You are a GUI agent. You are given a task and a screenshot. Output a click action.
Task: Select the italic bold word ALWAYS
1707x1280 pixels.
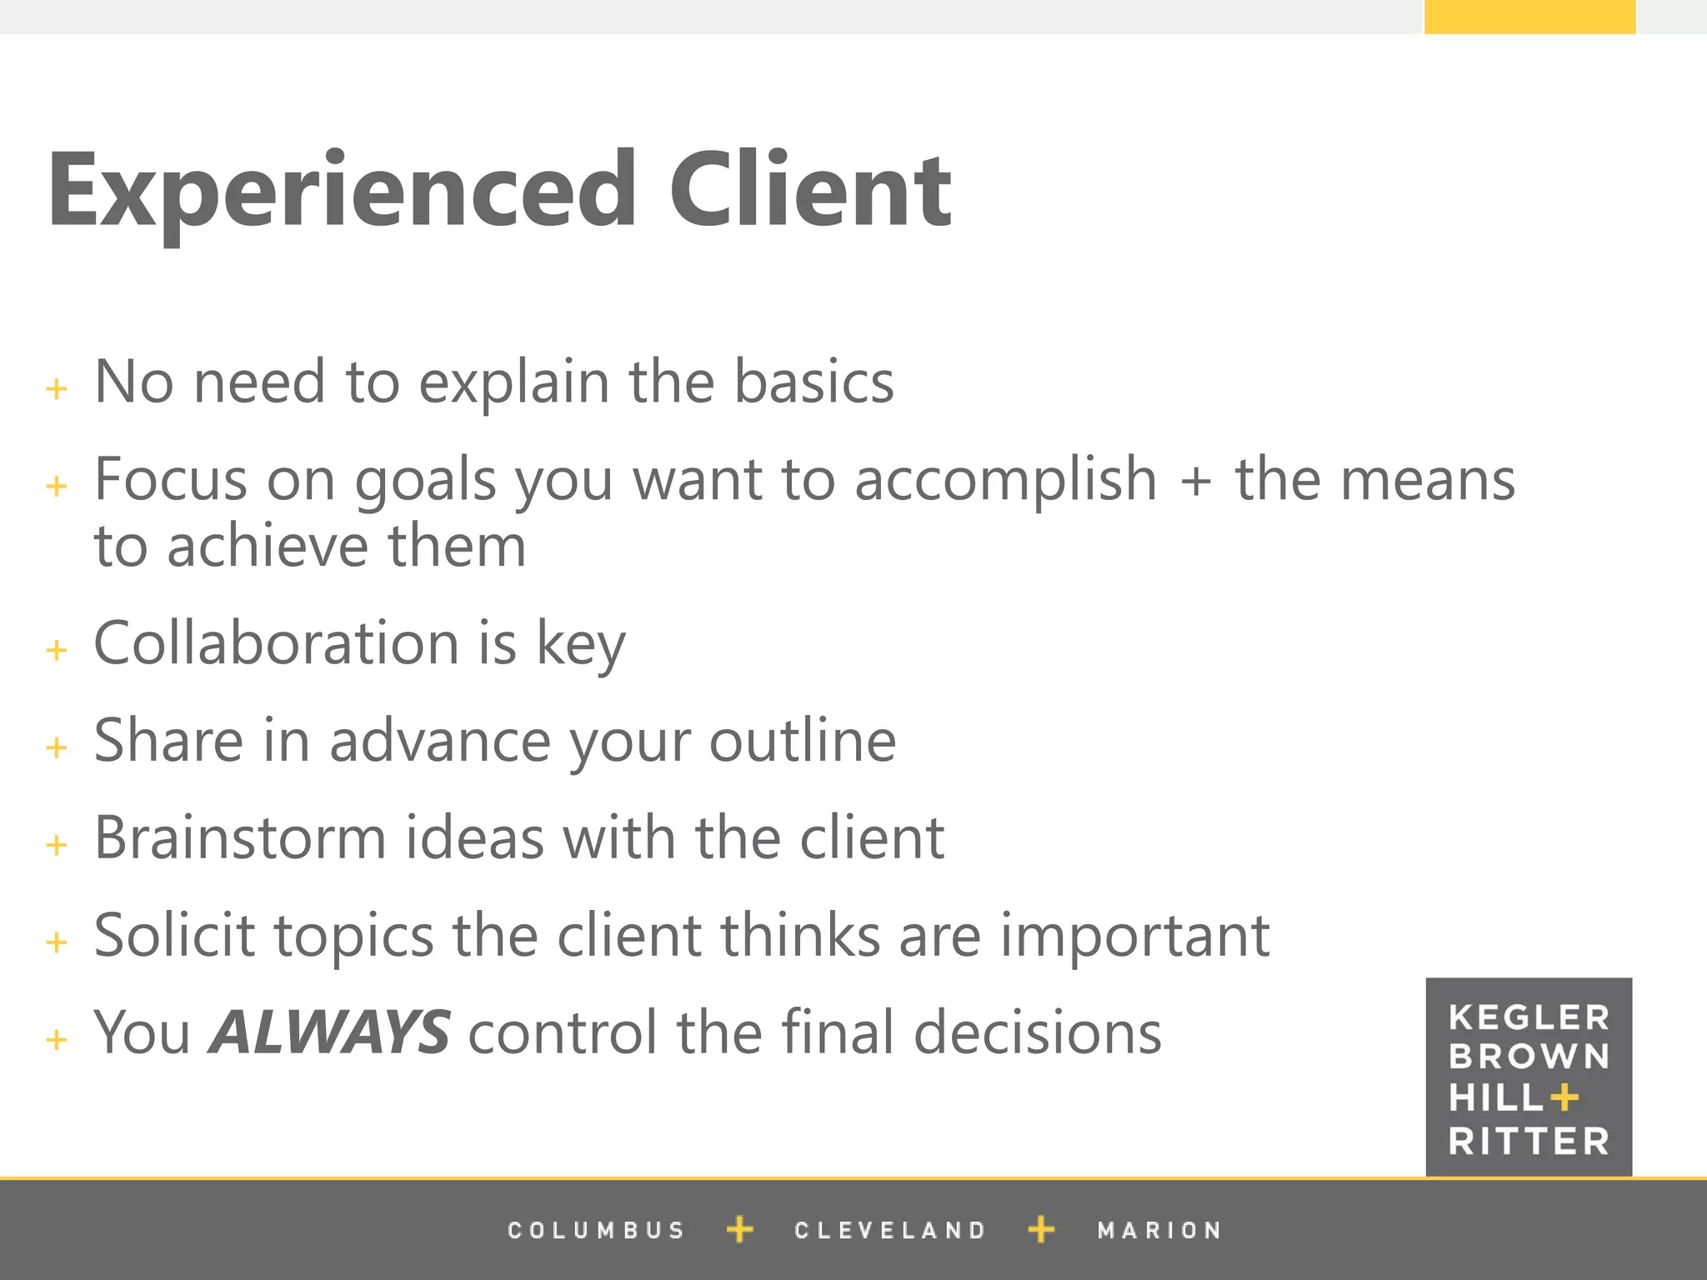point(330,1032)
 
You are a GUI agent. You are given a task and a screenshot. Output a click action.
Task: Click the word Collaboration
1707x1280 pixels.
point(276,643)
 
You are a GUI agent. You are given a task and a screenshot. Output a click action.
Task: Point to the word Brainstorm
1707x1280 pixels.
point(240,837)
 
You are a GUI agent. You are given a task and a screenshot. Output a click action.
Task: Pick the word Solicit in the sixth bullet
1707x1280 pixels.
point(174,935)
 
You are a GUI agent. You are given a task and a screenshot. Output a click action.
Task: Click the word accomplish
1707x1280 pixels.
point(1006,481)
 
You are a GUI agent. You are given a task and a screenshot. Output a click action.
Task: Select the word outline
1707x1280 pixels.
point(803,741)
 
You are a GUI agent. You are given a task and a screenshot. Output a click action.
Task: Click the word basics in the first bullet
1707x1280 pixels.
point(813,382)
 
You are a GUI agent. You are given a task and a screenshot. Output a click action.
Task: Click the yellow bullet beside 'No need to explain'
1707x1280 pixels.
point(57,388)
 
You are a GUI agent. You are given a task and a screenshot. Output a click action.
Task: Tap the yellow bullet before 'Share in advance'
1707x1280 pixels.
point(57,747)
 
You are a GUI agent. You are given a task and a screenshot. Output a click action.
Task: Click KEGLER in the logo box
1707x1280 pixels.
point(1529,1017)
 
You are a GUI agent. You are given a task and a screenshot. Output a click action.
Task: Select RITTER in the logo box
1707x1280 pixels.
point(1529,1141)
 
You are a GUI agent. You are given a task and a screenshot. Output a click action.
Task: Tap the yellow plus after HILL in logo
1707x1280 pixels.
point(1564,1098)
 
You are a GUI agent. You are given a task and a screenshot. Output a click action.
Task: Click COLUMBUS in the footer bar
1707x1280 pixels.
point(596,1230)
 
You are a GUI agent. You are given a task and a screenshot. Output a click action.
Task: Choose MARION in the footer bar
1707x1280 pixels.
point(1159,1230)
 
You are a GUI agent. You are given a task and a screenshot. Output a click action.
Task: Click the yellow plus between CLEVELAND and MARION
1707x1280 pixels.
point(1041,1229)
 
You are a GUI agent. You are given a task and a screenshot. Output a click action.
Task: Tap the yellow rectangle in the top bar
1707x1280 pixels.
point(1529,17)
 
